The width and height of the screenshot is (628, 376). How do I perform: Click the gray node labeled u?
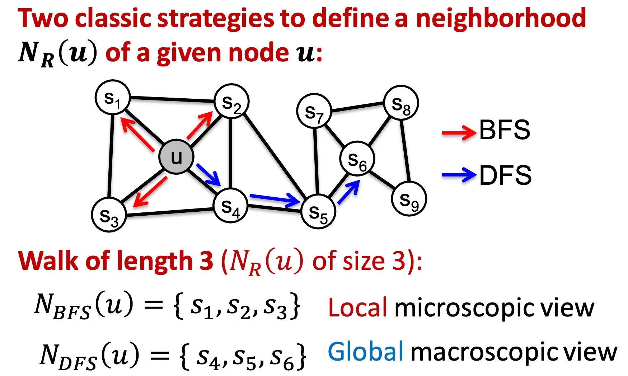tap(176, 157)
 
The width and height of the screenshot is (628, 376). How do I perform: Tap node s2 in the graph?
tap(231, 102)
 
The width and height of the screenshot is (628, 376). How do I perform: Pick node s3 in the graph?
tap(109, 215)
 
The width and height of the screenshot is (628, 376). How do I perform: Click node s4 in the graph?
tap(230, 206)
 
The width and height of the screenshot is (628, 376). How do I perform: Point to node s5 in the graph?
tap(318, 212)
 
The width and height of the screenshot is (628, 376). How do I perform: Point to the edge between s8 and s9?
tap(405, 151)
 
